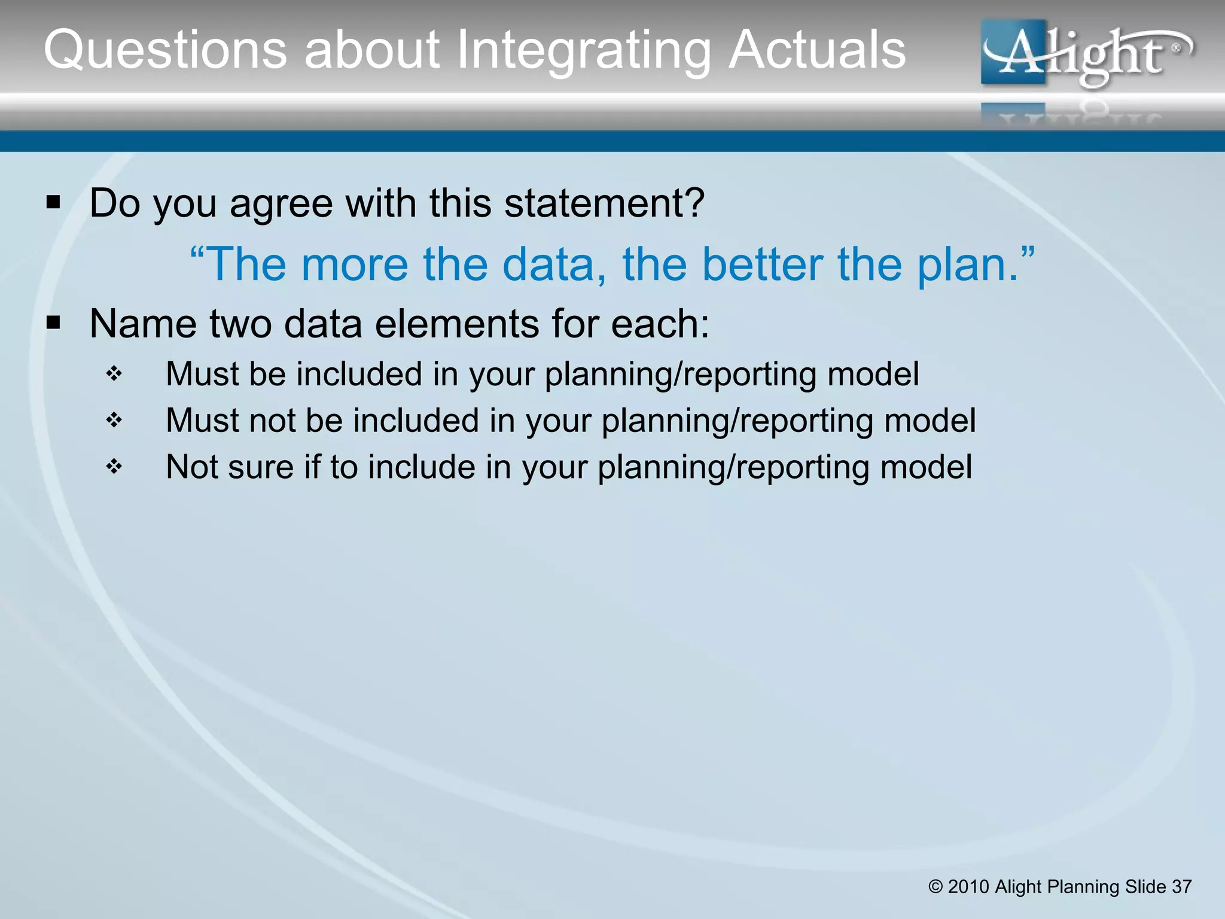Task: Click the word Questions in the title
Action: (x=165, y=50)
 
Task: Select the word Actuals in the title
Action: (x=817, y=50)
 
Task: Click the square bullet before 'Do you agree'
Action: (x=53, y=203)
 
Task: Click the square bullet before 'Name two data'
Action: (x=53, y=324)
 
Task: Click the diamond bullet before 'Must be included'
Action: (x=114, y=375)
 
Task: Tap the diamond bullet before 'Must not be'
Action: (x=114, y=421)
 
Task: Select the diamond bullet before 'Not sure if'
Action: (x=114, y=467)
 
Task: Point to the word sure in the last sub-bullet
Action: (x=260, y=467)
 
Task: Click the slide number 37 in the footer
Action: (x=1181, y=887)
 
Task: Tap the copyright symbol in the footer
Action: (x=935, y=887)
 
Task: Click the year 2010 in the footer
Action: (x=968, y=887)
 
